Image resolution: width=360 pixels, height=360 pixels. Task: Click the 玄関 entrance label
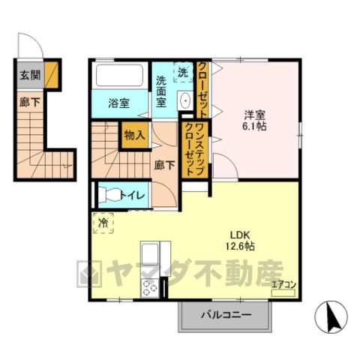(x=30, y=75)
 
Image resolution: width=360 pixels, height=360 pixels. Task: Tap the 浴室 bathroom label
(x=118, y=103)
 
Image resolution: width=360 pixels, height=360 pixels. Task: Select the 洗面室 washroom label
(x=161, y=91)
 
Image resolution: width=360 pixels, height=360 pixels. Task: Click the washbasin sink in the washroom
(x=185, y=100)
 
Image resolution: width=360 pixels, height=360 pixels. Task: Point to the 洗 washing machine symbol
(x=183, y=72)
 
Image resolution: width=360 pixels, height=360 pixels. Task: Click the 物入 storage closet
(x=135, y=135)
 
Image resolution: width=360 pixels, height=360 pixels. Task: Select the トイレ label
(x=133, y=195)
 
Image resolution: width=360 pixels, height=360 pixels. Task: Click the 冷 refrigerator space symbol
(x=103, y=223)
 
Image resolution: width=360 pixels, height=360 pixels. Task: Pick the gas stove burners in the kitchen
(x=150, y=288)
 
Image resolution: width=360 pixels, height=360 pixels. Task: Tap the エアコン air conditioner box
(x=283, y=292)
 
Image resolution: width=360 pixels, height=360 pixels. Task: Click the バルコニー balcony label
(x=226, y=315)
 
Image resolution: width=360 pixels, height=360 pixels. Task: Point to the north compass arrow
(x=333, y=316)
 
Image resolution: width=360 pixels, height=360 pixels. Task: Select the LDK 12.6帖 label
(x=240, y=241)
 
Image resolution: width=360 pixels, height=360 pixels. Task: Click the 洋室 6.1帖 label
(x=254, y=121)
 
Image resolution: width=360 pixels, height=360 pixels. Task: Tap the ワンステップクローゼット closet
(x=195, y=149)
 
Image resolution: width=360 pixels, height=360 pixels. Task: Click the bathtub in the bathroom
(x=119, y=75)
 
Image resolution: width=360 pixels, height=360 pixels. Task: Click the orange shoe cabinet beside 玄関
(x=52, y=75)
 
